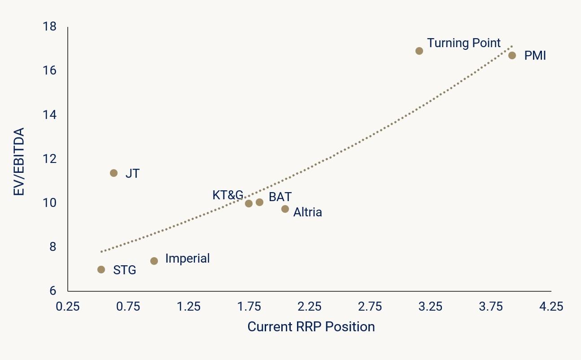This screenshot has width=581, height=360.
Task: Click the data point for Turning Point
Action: coord(419,51)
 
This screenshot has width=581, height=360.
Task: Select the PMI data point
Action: coord(512,55)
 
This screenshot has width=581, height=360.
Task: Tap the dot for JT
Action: coord(114,173)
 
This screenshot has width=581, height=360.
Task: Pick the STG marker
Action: coord(101,269)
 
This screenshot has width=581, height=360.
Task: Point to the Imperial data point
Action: coord(154,261)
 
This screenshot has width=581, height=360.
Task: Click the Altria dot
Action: coord(285,209)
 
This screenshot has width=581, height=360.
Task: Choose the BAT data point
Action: coord(259,202)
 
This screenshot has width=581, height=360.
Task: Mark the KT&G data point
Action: coord(249,203)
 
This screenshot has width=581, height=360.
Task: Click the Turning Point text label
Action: coord(463,43)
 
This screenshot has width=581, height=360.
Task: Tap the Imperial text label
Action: coord(187,259)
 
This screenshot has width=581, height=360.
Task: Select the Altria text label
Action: coord(307,212)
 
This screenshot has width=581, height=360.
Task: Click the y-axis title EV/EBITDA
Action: coord(19,162)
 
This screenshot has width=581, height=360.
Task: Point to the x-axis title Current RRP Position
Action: coord(311,326)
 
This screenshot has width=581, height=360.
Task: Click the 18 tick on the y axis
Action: coord(51,27)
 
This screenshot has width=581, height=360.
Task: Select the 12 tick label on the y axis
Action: coord(51,159)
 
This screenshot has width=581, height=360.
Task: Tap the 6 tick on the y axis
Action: coord(53,291)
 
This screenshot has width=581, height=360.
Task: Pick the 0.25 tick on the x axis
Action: coord(67,307)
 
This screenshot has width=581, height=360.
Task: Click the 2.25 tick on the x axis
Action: coord(309,307)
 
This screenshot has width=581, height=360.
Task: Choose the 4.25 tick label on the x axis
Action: coord(551,307)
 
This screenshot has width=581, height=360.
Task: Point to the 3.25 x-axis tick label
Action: coord(430,307)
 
